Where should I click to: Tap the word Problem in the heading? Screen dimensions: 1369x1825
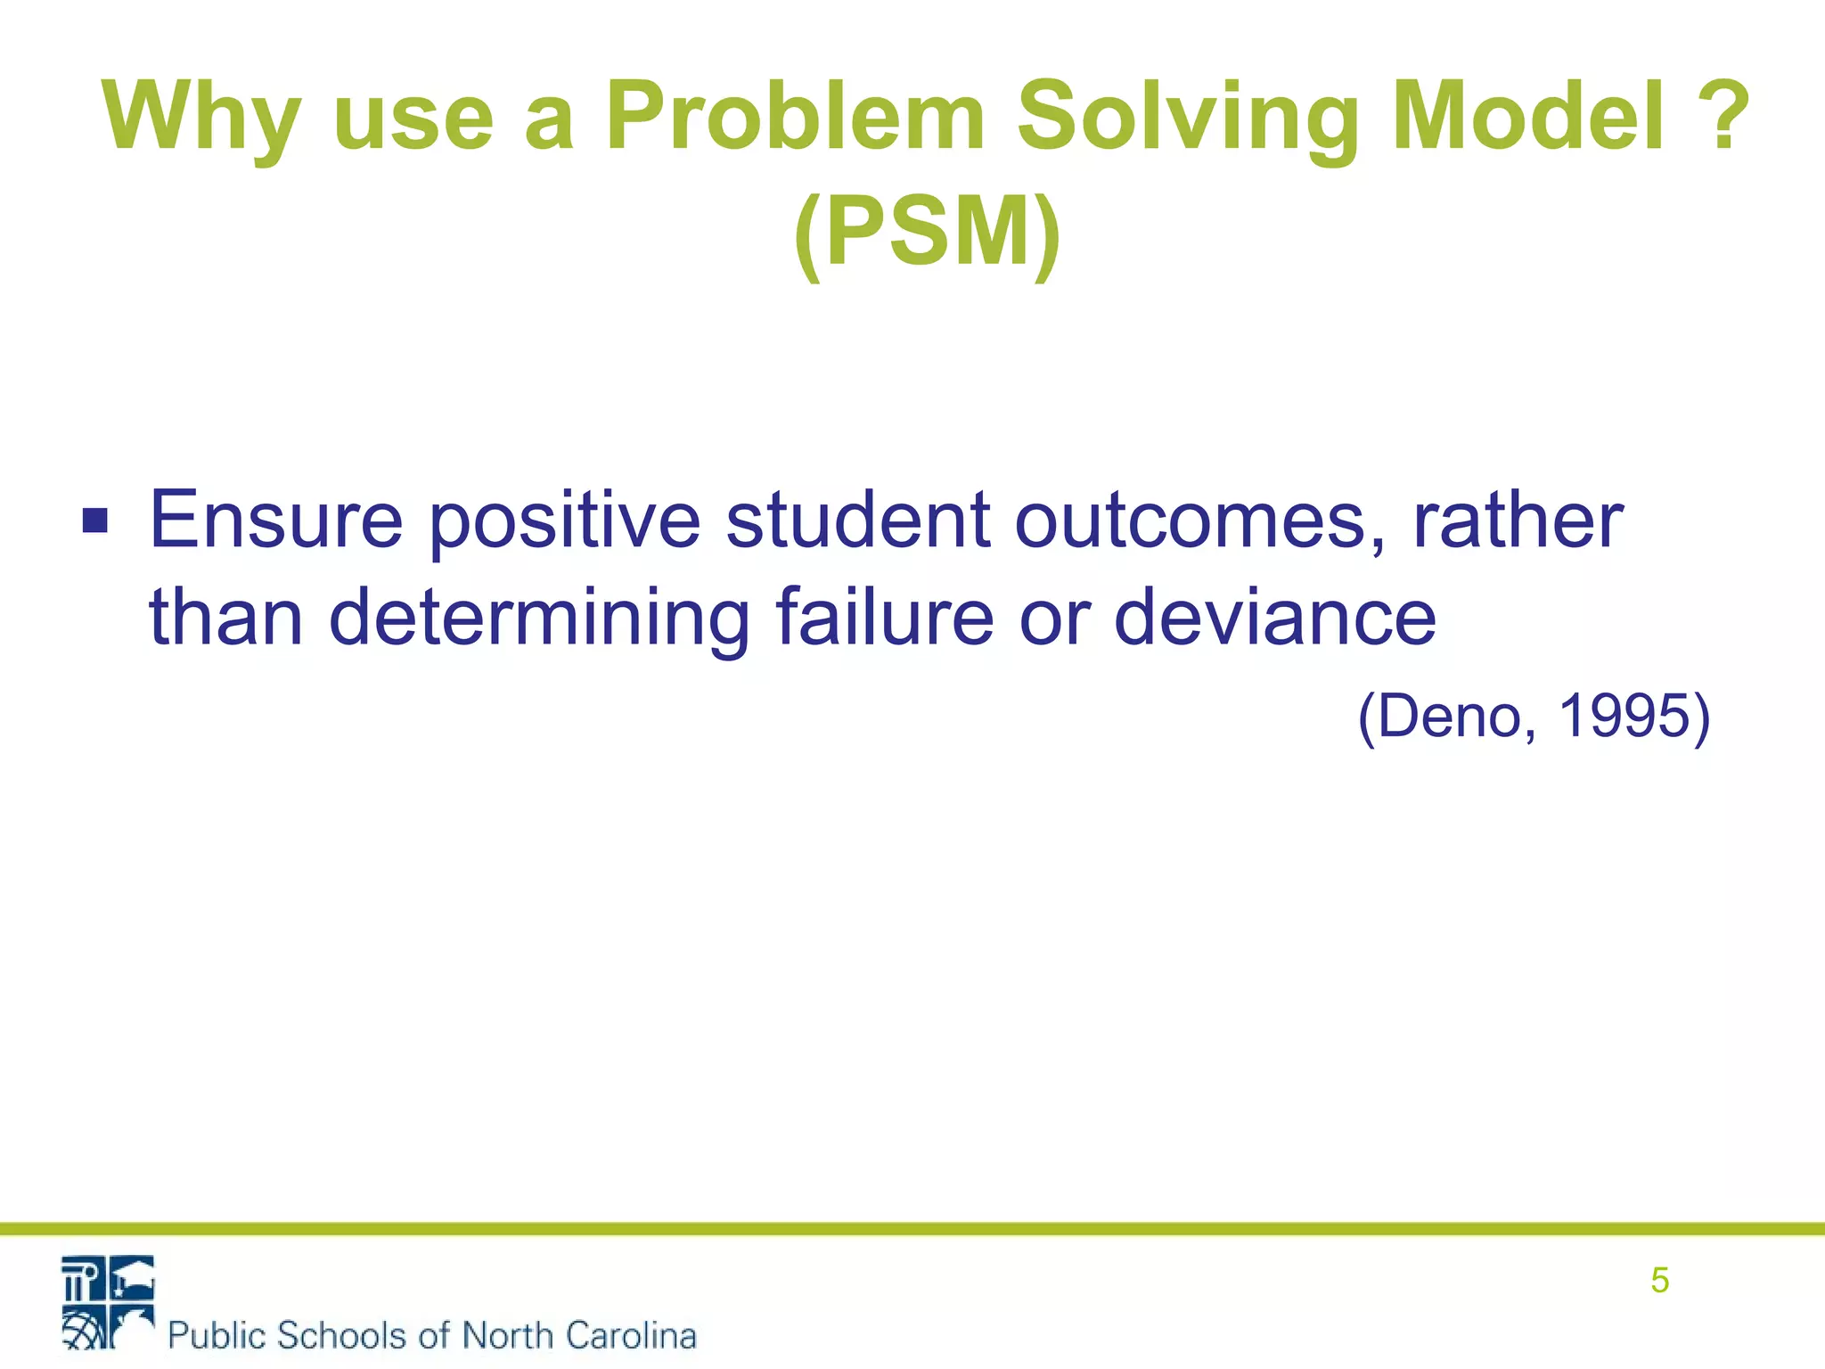(x=795, y=117)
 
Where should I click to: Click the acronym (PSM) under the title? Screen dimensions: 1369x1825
(x=927, y=233)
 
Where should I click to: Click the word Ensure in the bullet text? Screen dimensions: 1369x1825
(x=275, y=521)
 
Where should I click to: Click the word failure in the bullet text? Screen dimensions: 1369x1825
(x=884, y=617)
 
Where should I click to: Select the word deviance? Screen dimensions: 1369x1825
(x=1275, y=617)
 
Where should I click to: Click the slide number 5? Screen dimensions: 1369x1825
(x=1659, y=1281)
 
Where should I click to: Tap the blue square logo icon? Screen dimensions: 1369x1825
(x=108, y=1302)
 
